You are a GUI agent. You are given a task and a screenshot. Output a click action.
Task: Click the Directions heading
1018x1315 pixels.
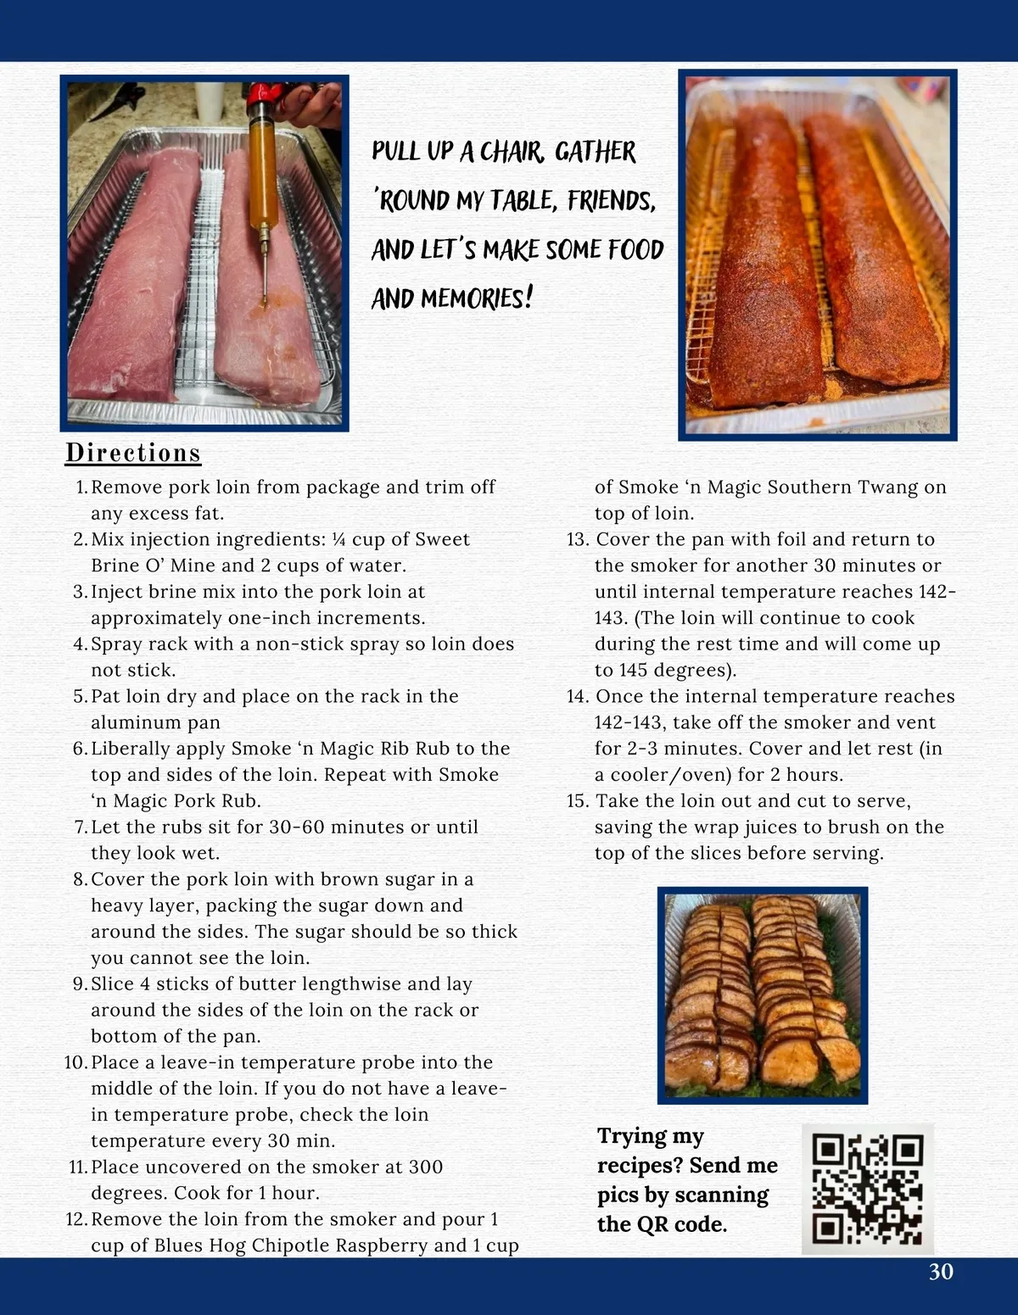tap(133, 453)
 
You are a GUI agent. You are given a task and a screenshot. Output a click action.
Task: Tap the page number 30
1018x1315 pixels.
tap(941, 1271)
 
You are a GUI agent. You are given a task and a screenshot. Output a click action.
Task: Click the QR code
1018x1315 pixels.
tap(867, 1189)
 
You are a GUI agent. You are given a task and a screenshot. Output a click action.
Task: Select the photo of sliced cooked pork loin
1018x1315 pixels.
tap(763, 995)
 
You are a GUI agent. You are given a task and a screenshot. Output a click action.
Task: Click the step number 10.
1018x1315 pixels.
tap(75, 1062)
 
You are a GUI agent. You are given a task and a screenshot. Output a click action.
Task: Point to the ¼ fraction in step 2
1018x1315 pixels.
tap(339, 539)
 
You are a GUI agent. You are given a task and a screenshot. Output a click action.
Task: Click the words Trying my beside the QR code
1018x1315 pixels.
tap(651, 1136)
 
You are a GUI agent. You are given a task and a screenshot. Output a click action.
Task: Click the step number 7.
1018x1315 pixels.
tap(81, 827)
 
